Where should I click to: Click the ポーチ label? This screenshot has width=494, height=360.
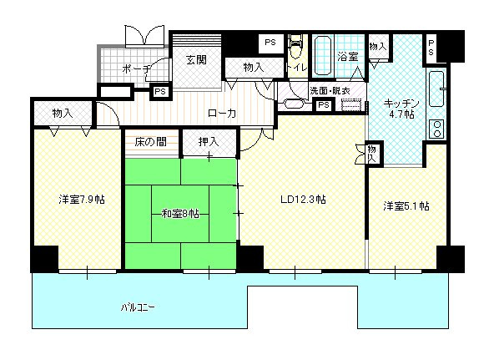134,68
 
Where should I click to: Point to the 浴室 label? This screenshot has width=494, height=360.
347,58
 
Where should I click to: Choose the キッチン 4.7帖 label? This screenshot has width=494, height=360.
399,109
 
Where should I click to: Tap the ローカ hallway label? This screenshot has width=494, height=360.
221,113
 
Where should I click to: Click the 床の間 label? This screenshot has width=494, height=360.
150,141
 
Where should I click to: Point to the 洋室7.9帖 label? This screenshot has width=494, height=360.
81,200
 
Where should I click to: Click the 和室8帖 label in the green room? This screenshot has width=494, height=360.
180,213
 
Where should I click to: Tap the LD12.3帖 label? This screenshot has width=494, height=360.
301,200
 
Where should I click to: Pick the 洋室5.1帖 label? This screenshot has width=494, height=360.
406,205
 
